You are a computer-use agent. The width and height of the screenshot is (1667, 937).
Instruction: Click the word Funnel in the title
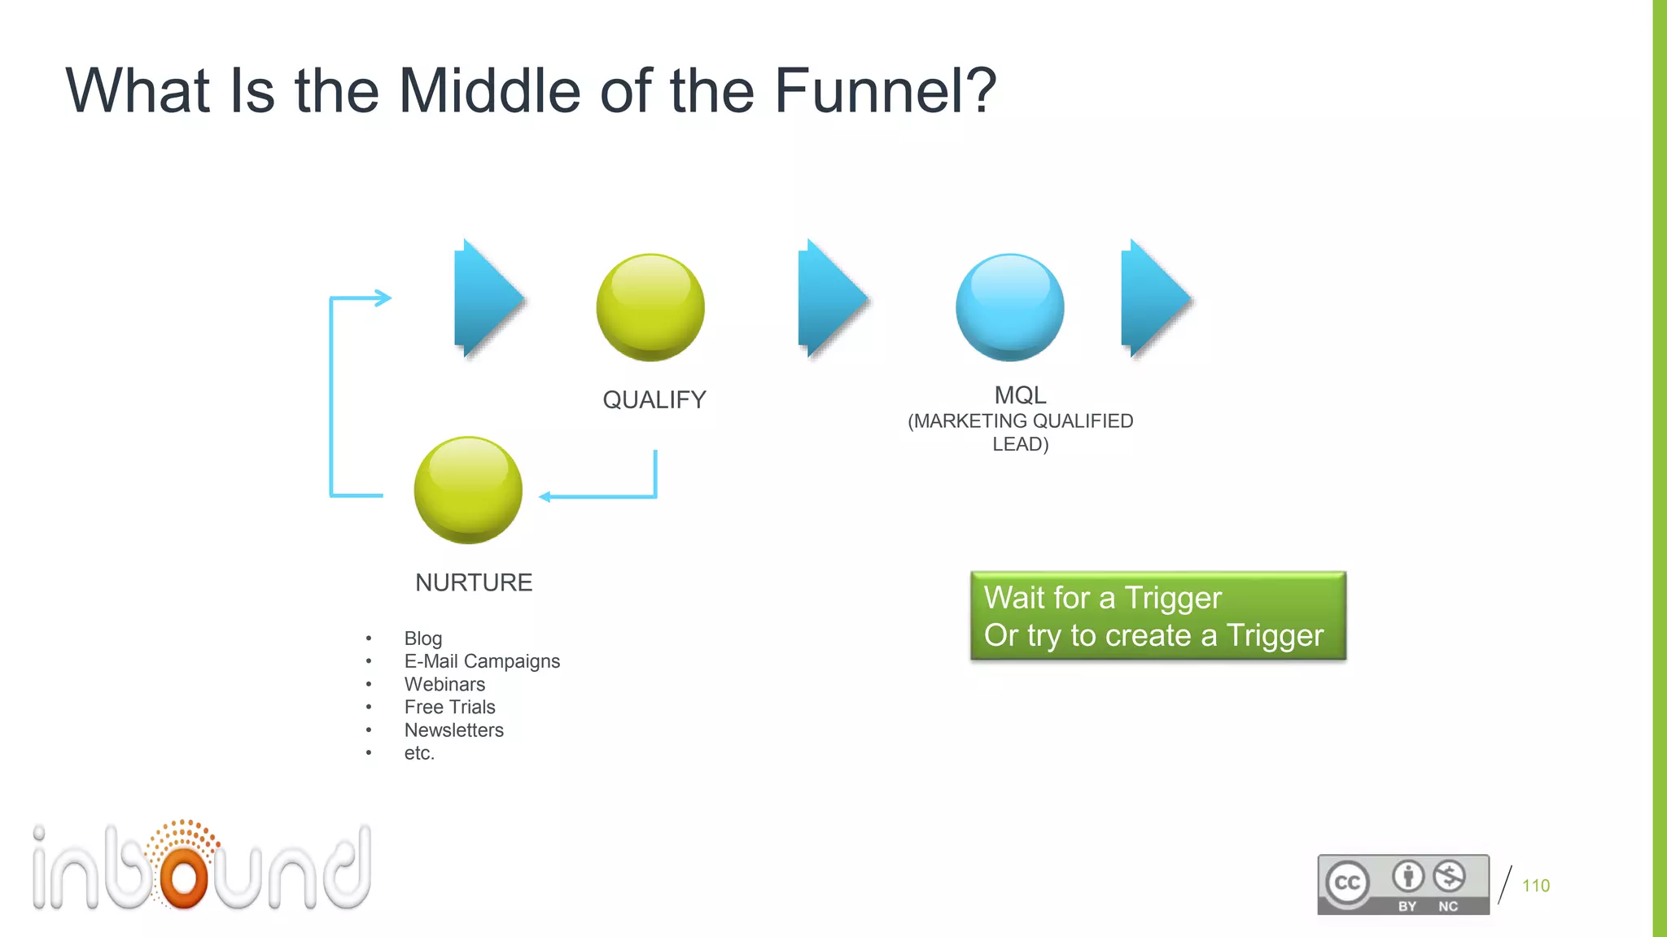(884, 91)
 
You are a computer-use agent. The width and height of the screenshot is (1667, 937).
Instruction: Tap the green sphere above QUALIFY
(650, 307)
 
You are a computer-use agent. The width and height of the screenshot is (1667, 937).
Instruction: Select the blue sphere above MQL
(1009, 307)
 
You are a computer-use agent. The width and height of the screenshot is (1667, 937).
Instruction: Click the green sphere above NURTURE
(468, 490)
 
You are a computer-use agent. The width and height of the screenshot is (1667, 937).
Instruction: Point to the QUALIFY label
(654, 400)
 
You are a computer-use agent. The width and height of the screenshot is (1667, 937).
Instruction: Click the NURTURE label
(474, 582)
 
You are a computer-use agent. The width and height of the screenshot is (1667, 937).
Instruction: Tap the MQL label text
(1020, 396)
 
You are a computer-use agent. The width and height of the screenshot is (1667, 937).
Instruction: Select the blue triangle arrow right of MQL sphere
(1153, 299)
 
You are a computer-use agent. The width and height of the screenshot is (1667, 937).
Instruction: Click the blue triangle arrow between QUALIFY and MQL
(830, 299)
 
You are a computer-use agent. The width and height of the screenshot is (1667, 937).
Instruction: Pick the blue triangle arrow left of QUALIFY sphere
(487, 299)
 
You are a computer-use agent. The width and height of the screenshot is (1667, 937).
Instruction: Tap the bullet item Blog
(423, 638)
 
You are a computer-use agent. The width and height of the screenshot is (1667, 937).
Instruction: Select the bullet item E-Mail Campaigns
(482, 661)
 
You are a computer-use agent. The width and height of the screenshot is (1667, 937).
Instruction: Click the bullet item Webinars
(444, 684)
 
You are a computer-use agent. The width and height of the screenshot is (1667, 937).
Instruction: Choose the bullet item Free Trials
(449, 707)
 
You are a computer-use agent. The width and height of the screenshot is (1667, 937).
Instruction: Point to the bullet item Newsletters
(453, 730)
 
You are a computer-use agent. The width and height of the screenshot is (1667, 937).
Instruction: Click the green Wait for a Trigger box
(1157, 617)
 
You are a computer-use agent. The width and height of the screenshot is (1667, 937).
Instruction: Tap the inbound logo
(202, 867)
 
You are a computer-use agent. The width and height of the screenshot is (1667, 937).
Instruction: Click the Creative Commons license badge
(1402, 884)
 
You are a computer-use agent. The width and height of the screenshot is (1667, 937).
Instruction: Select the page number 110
(1535, 886)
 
